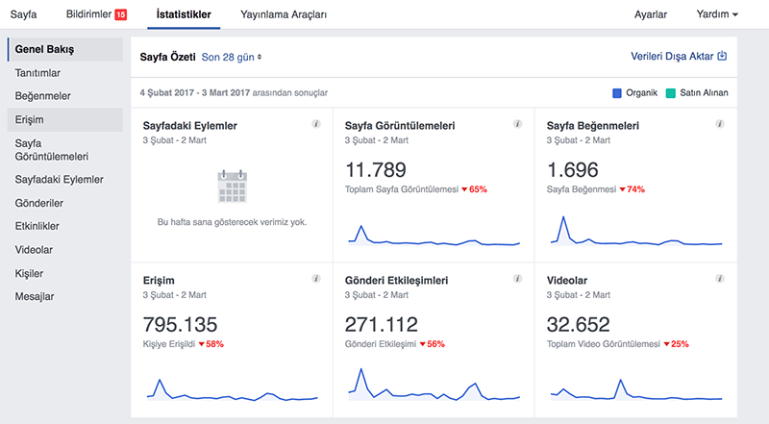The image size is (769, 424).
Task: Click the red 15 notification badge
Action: tap(121, 14)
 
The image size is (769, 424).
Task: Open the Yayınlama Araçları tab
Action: tap(284, 14)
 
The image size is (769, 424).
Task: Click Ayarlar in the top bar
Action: tap(651, 14)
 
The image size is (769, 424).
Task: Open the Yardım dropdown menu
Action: tap(717, 14)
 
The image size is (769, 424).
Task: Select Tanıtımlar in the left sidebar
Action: tap(37, 73)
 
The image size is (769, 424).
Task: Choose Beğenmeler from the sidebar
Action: tap(42, 96)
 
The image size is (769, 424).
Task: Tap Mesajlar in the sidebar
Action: tap(35, 296)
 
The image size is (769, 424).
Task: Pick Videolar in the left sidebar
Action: tap(34, 250)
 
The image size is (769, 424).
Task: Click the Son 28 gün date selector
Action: tap(232, 57)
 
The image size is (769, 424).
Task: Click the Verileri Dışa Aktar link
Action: tap(679, 57)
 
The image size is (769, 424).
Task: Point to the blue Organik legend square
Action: tap(617, 92)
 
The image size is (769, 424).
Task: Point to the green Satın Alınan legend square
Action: tap(670, 92)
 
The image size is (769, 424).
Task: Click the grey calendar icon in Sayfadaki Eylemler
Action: tap(232, 187)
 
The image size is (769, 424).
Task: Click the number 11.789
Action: tap(376, 170)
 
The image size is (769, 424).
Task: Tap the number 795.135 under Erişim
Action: tap(180, 325)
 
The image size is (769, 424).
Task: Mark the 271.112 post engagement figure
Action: tap(382, 325)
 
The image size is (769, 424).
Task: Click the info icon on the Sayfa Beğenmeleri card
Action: tap(719, 124)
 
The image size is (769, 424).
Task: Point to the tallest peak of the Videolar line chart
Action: tap(621, 380)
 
